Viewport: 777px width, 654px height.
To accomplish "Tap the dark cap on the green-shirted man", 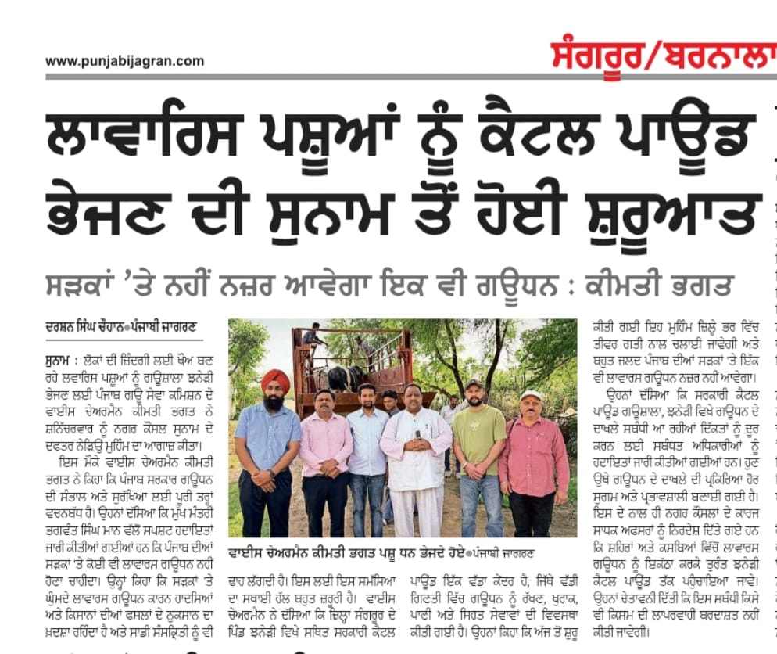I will coord(474,385).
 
